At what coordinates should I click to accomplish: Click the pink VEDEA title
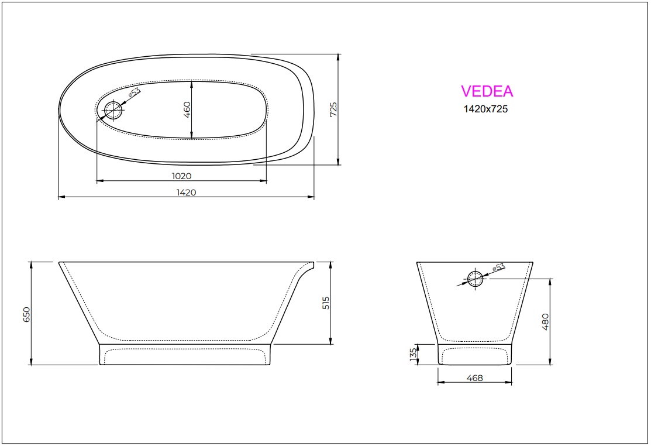(487, 91)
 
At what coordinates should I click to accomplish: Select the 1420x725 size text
(485, 109)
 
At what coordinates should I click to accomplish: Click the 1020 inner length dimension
(181, 176)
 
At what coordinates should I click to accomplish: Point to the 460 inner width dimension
(187, 109)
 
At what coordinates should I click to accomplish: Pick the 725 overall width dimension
(333, 110)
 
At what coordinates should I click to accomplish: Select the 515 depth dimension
(326, 302)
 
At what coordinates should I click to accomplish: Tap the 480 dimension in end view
(546, 322)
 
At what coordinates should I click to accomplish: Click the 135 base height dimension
(413, 354)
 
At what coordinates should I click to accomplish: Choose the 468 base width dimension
(475, 378)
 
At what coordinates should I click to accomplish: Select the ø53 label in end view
(498, 269)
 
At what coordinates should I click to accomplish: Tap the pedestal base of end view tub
(475, 355)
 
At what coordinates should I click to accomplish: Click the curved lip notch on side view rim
(306, 270)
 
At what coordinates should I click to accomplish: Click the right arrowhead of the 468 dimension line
(512, 383)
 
